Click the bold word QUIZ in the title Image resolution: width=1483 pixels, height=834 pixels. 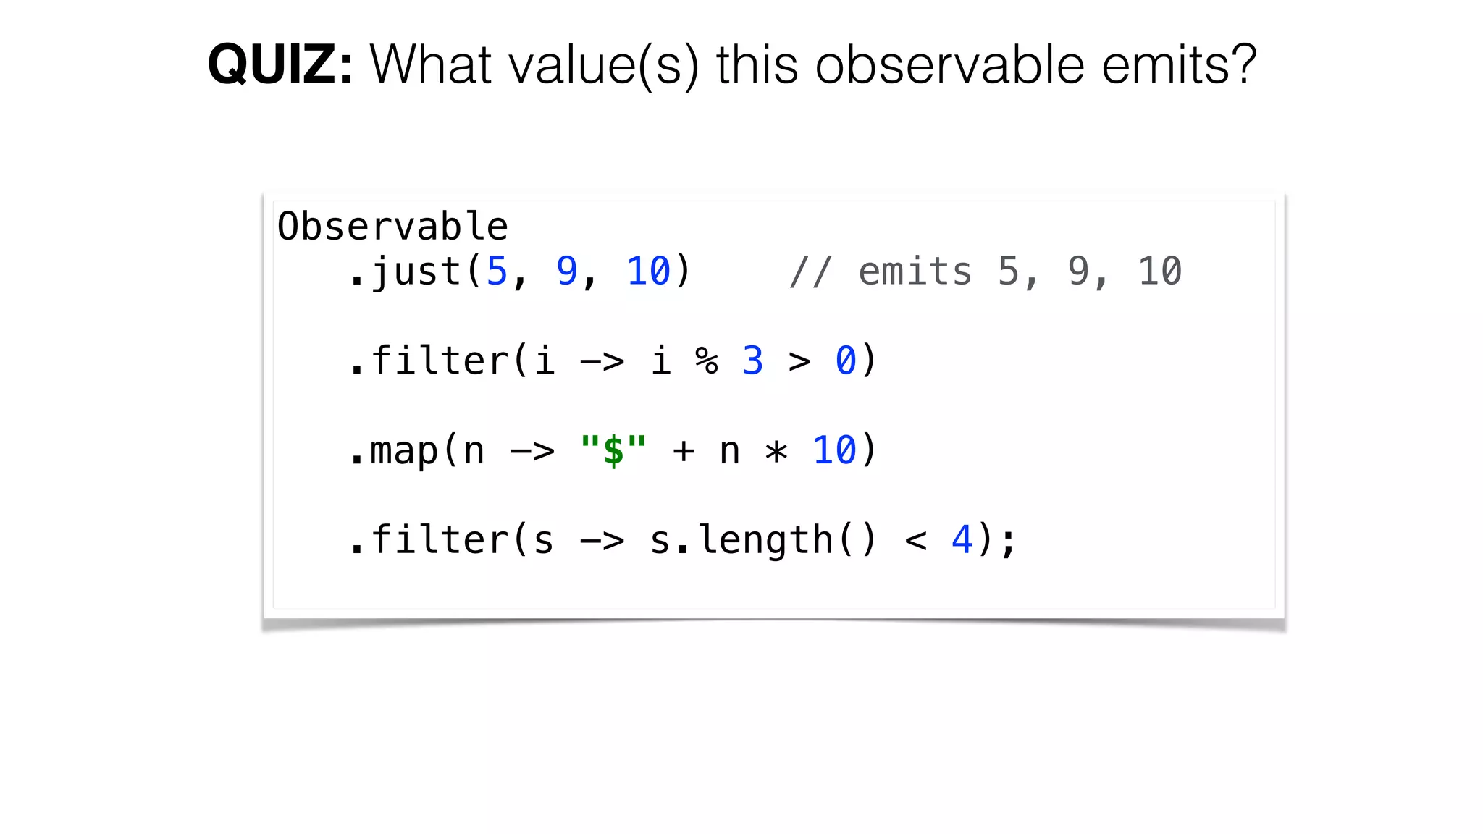pos(280,65)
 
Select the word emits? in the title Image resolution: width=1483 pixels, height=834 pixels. pos(1179,65)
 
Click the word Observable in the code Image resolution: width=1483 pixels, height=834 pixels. pos(392,227)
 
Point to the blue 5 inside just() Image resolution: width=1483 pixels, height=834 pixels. pos(497,271)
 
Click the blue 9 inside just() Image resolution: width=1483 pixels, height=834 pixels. pos(566,271)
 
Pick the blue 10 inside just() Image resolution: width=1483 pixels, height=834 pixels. pos(649,271)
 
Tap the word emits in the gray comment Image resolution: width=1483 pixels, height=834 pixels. pos(915,271)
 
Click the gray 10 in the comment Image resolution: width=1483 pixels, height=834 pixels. pos(1160,271)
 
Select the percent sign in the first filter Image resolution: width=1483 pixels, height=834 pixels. pos(707,361)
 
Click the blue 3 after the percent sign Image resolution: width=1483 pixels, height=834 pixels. pos(753,361)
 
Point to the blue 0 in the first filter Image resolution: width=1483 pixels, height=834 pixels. pos(846,361)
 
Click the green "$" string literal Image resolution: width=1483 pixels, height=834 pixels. pos(613,450)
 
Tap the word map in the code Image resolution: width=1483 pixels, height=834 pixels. pos(404,450)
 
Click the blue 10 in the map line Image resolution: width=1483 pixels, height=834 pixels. pos(834,450)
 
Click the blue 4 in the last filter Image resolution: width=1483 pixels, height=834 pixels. pos(962,540)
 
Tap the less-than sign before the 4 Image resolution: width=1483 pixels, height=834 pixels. pos(916,541)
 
